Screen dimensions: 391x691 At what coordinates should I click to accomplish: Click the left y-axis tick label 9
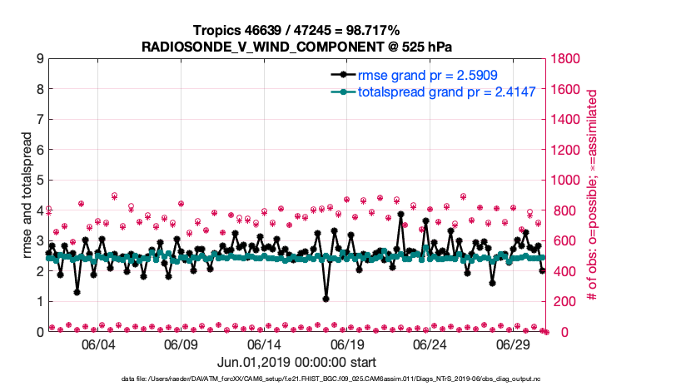click(39, 59)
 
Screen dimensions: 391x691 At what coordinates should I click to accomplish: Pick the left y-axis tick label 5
click(39, 181)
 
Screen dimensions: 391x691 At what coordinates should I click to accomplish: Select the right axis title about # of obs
click(593, 195)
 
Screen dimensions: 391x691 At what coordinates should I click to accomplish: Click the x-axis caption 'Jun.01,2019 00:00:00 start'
click(297, 363)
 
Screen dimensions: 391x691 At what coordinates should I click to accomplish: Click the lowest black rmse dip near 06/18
click(326, 299)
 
